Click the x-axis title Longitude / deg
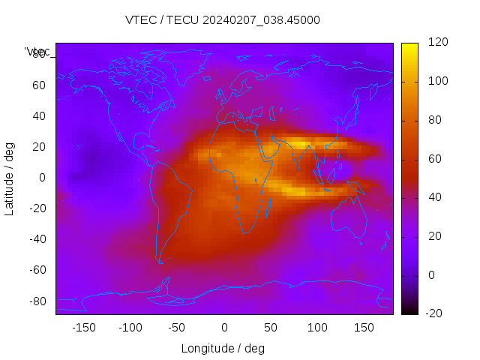click(223, 348)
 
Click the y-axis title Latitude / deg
click(10, 178)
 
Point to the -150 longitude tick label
click(83, 328)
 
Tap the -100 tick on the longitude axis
click(130, 328)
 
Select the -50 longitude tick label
click(177, 328)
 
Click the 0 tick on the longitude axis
click(224, 328)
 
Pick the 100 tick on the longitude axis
click(317, 328)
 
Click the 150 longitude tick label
click(364, 328)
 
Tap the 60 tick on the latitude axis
click(39, 85)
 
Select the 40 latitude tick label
click(39, 115)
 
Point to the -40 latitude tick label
click(37, 239)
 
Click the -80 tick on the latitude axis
click(37, 301)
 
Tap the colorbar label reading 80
click(434, 120)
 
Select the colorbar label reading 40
click(434, 197)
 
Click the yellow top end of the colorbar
click(409, 46)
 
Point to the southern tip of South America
click(160, 262)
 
